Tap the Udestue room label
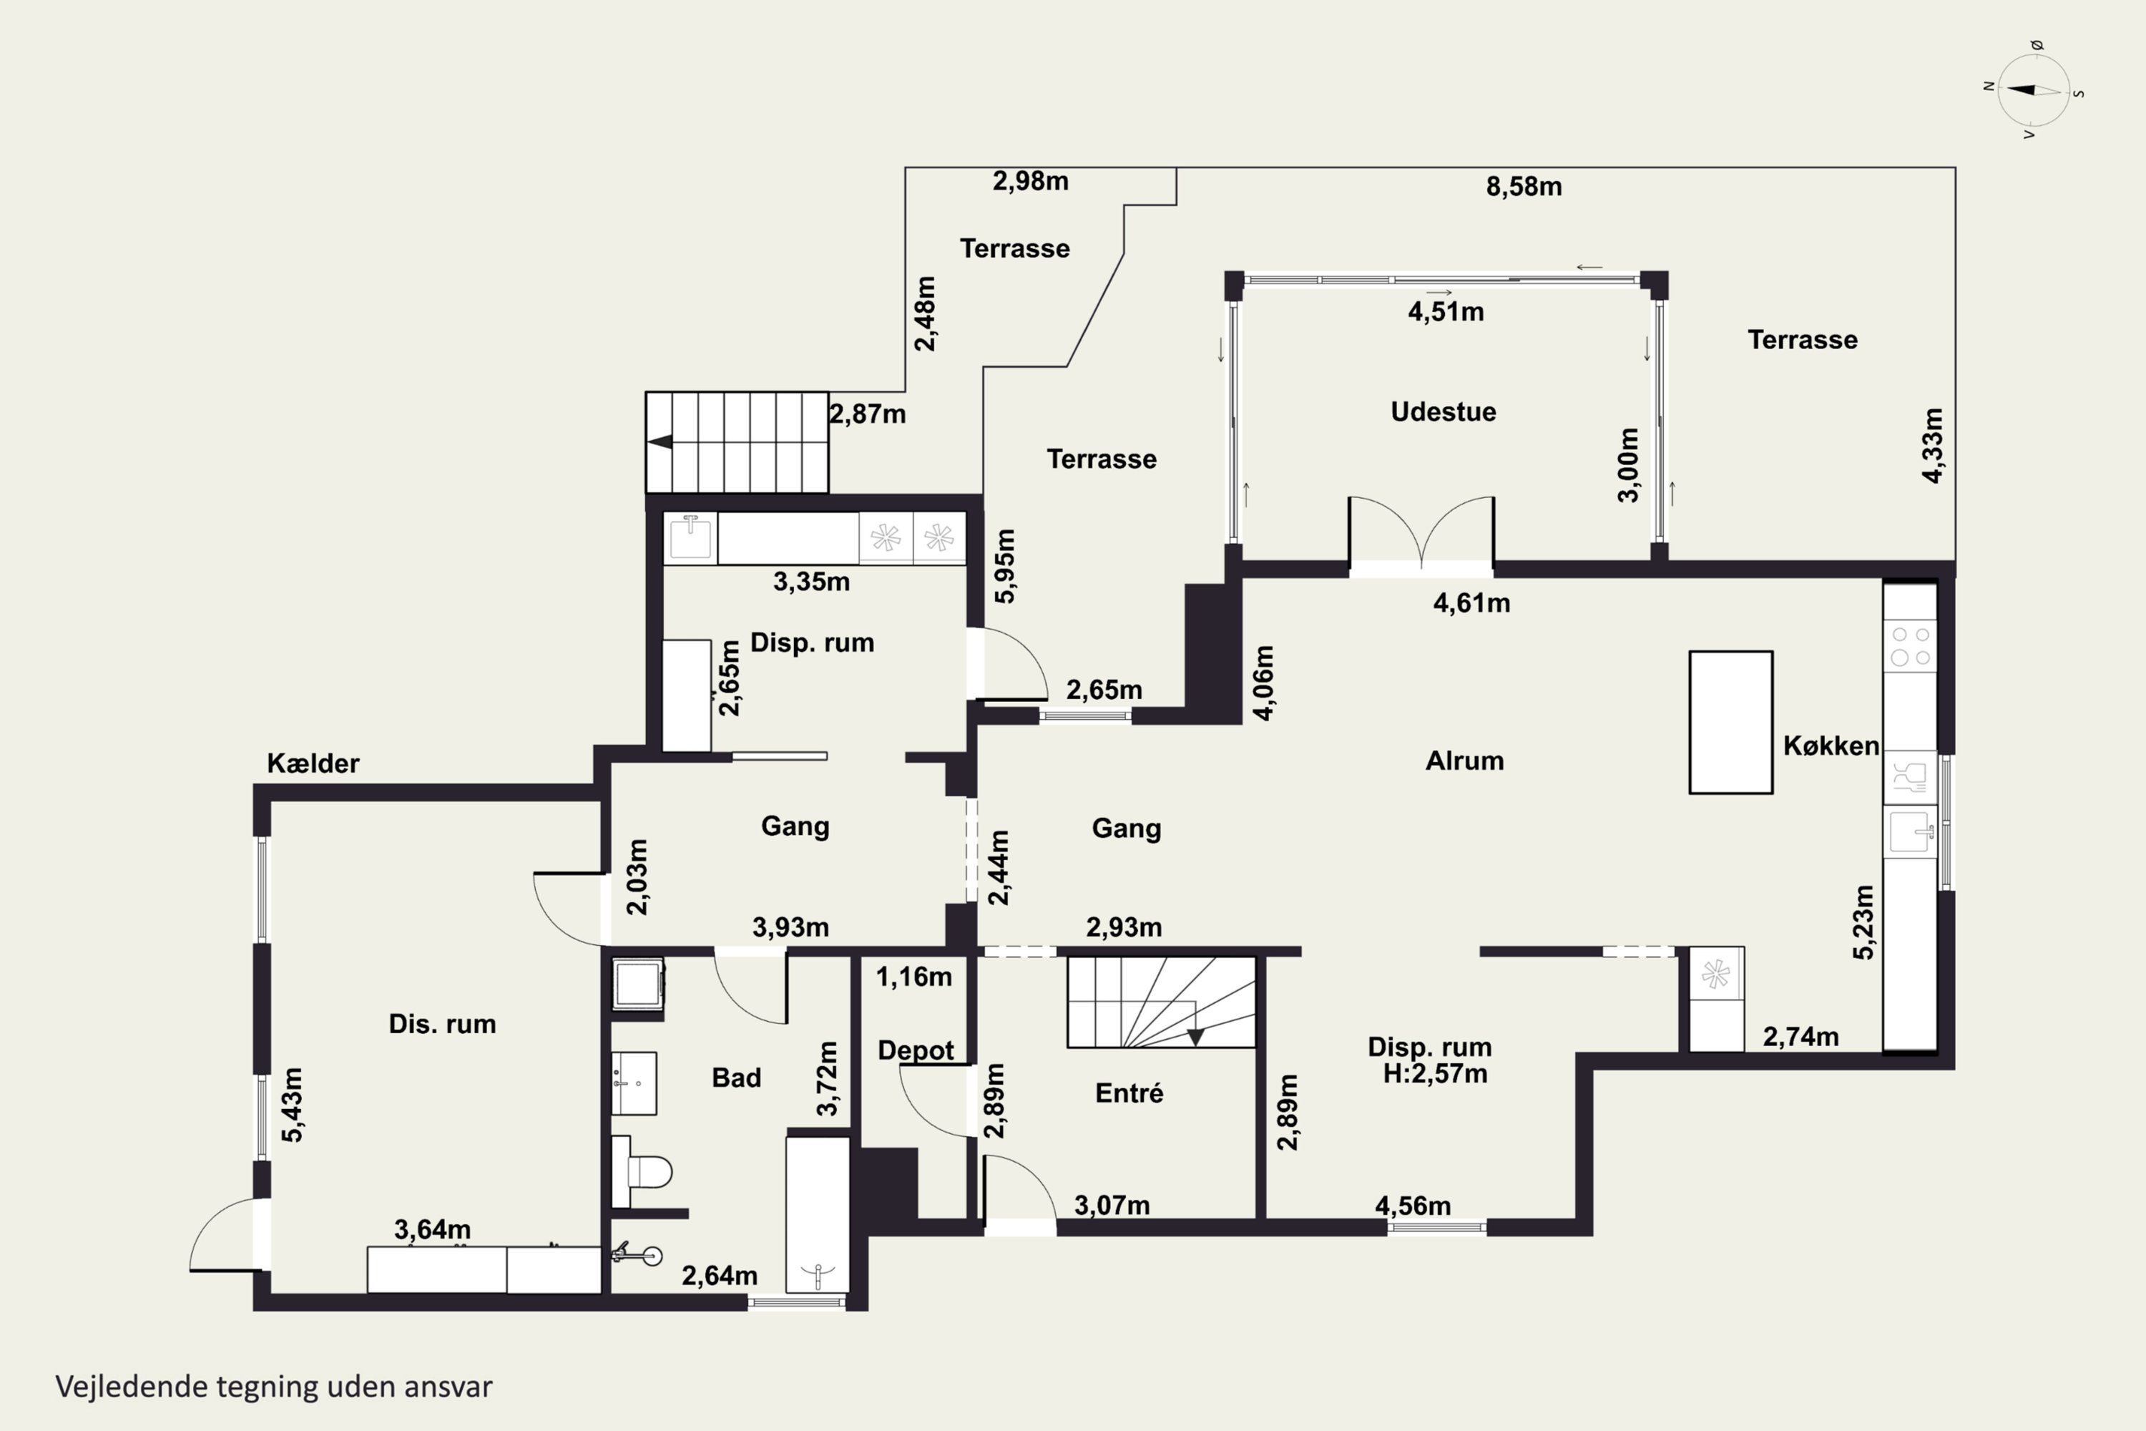tap(1443, 411)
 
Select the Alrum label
tap(1464, 760)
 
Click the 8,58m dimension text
tap(1524, 186)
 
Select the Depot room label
tap(915, 1050)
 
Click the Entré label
tap(1129, 1093)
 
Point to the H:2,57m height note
tap(1434, 1073)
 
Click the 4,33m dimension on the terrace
tap(1931, 445)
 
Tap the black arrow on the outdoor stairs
tap(660, 441)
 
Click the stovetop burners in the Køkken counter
tap(1911, 645)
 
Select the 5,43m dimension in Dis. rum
tap(292, 1105)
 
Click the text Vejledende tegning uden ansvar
tap(274, 1387)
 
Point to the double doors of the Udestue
tap(1421, 532)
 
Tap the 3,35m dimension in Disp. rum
tap(811, 581)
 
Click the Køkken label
tap(1831, 746)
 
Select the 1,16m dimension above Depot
tap(913, 977)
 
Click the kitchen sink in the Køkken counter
tap(1911, 831)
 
